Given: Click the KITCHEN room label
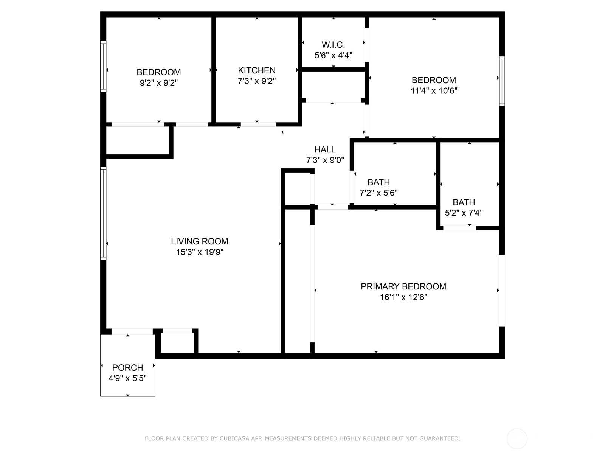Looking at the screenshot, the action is (x=257, y=70).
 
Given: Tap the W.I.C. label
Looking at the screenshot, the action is (x=333, y=45).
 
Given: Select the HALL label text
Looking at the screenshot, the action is (x=325, y=149).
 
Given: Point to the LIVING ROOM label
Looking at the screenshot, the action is (x=200, y=241).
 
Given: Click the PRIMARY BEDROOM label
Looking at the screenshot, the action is (x=403, y=286).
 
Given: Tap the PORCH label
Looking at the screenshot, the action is (x=127, y=367).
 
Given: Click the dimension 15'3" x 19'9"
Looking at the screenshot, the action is (x=200, y=252).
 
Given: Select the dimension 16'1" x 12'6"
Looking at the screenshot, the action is (x=403, y=297).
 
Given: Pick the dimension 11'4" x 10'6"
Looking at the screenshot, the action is (x=434, y=91).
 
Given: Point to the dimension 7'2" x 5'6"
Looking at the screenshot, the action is (x=379, y=193).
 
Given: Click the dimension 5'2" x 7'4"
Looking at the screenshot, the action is (x=464, y=213).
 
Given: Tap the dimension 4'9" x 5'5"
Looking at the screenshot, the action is (x=127, y=378).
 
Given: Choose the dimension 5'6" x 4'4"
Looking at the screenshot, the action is (x=333, y=55).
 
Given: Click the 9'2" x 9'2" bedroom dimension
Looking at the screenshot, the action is (x=158, y=83).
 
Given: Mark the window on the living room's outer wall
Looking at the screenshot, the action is (x=103, y=213).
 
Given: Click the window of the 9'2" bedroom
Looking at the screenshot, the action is (x=103, y=67).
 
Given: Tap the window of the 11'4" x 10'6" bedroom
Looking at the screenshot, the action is (x=502, y=81).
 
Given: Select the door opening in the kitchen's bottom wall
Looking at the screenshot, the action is (x=258, y=124).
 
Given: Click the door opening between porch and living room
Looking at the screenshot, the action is (x=132, y=332).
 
